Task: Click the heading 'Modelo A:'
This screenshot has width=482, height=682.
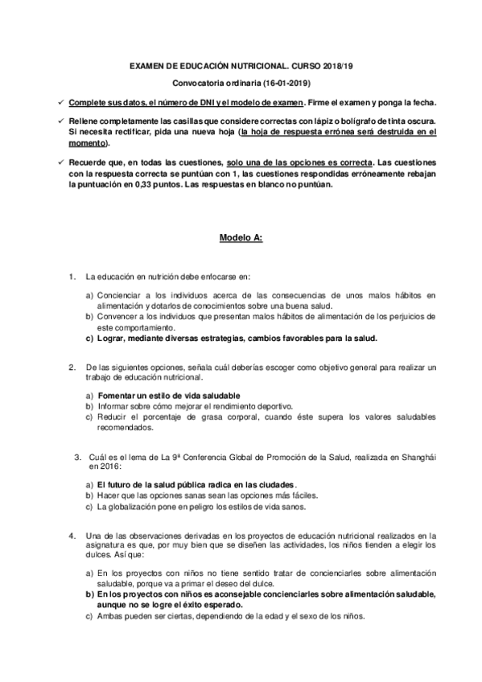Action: (241, 238)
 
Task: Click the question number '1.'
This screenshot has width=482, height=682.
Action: (73, 277)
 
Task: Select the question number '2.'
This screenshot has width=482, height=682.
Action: (73, 368)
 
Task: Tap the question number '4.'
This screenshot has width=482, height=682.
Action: (73, 535)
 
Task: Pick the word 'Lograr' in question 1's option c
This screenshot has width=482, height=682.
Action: (110, 339)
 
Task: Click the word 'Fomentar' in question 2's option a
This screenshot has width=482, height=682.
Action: (117, 397)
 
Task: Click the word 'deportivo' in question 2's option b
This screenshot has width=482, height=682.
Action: (274, 407)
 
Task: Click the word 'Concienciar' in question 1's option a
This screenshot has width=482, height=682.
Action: (119, 298)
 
